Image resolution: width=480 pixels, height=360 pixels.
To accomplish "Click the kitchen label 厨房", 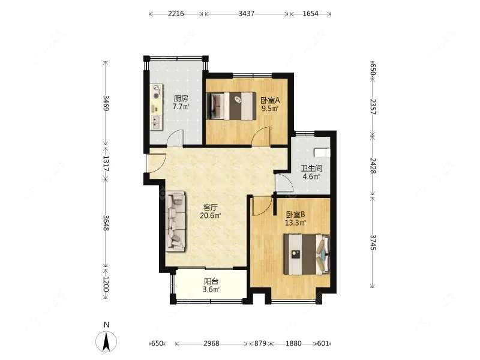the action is pyautogui.click(x=181, y=98).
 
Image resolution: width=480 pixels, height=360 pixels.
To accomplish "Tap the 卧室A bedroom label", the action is pyautogui.click(x=271, y=100).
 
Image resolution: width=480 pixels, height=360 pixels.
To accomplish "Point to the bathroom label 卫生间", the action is pyautogui.click(x=311, y=169).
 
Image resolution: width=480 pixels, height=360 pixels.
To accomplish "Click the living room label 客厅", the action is pyautogui.click(x=211, y=207).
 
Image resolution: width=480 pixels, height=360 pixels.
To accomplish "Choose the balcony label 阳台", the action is pyautogui.click(x=211, y=281).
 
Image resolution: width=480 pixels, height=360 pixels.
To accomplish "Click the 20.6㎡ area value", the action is pyautogui.click(x=211, y=216).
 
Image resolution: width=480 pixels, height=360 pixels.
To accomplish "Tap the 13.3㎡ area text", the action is pyautogui.click(x=296, y=223).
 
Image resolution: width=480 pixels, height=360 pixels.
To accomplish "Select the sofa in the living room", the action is pyautogui.click(x=176, y=221).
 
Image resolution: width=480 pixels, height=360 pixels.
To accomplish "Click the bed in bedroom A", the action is pyautogui.click(x=232, y=106).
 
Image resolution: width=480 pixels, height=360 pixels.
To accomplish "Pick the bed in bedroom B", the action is pyautogui.click(x=307, y=254).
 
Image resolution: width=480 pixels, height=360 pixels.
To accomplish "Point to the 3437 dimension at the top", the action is pyautogui.click(x=247, y=13).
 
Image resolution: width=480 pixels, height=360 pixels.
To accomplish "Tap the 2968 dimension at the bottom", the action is pyautogui.click(x=211, y=343).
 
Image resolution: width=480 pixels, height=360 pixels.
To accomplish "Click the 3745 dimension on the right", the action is pyautogui.click(x=373, y=242).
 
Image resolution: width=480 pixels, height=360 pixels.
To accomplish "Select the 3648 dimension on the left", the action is pyautogui.click(x=106, y=223).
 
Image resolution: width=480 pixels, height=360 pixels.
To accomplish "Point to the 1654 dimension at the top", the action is pyautogui.click(x=310, y=13).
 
